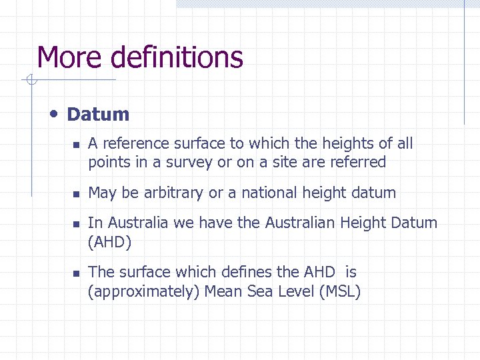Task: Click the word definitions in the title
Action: pos(177,57)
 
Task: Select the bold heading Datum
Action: pos(98,114)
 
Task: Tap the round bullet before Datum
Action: pos(54,113)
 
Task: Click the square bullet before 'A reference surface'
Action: pos(77,145)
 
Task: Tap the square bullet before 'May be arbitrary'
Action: pos(77,194)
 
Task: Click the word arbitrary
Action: pos(173,193)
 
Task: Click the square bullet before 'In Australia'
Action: pos(77,224)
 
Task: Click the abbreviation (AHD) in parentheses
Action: pos(110,241)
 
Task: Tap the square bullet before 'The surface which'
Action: pos(77,273)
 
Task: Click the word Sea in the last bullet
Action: pos(257,291)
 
